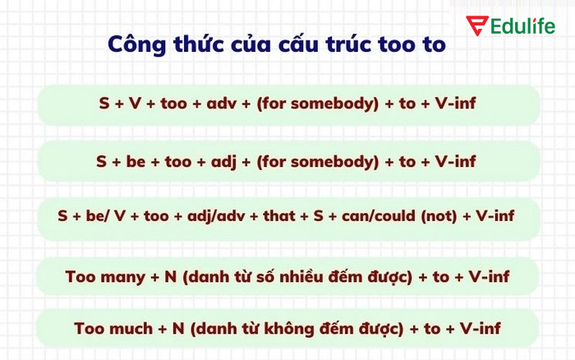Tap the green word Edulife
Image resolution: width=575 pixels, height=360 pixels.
(x=522, y=25)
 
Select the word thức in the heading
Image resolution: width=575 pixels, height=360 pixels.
(x=196, y=44)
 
